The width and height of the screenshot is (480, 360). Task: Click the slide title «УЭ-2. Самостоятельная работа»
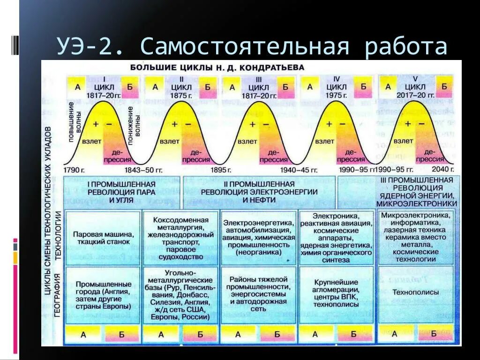(x=252, y=47)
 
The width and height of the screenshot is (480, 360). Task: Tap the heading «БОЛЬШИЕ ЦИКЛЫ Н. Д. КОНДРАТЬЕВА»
(x=217, y=67)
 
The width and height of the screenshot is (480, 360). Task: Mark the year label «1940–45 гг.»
(x=299, y=170)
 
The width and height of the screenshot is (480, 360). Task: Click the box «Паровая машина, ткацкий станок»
(x=104, y=238)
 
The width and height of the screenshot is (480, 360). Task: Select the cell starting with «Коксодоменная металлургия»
(x=180, y=238)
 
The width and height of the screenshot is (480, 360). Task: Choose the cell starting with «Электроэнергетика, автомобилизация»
(x=259, y=238)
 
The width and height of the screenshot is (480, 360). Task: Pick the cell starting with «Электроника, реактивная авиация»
(x=336, y=238)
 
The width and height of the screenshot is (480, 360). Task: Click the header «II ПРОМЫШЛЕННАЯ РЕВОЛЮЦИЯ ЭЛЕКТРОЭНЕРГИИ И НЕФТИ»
(x=259, y=192)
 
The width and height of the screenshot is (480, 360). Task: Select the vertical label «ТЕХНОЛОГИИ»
(x=58, y=234)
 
